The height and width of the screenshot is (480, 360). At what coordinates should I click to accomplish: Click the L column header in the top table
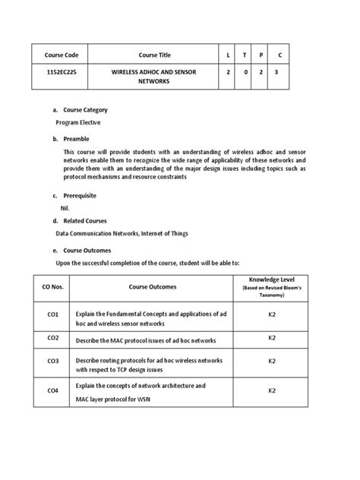pos(228,55)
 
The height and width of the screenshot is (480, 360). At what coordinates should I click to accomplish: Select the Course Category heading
pos(90,110)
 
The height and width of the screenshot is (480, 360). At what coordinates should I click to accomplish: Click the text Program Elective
pos(78,122)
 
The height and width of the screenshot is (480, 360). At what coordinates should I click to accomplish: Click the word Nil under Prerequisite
pos(65,207)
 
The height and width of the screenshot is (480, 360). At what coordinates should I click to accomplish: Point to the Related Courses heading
pos(87,221)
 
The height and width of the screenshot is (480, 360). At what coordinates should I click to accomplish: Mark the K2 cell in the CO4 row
pos(272,390)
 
